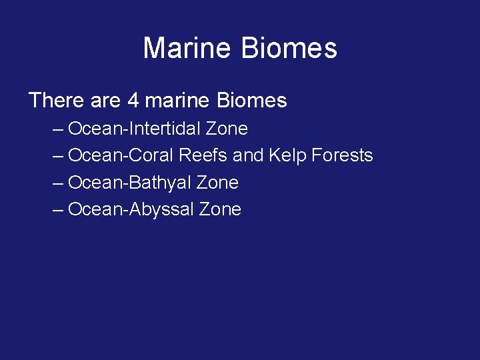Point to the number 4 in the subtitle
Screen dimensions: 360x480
pyautogui.click(x=133, y=101)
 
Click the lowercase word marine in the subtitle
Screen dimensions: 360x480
pyautogui.click(x=177, y=101)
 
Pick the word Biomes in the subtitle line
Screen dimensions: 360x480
pyautogui.click(x=252, y=101)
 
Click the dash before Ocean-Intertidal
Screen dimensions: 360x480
pyautogui.click(x=58, y=129)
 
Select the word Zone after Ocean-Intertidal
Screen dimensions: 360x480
pyautogui.click(x=227, y=128)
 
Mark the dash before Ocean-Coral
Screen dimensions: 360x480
pyautogui.click(x=58, y=156)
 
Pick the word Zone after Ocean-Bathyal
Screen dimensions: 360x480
pyautogui.click(x=217, y=183)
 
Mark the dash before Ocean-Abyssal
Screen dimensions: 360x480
pyautogui.click(x=58, y=210)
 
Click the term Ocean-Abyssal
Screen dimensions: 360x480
pyautogui.click(x=131, y=209)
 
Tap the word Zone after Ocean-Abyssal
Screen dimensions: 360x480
pyautogui.click(x=220, y=209)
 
